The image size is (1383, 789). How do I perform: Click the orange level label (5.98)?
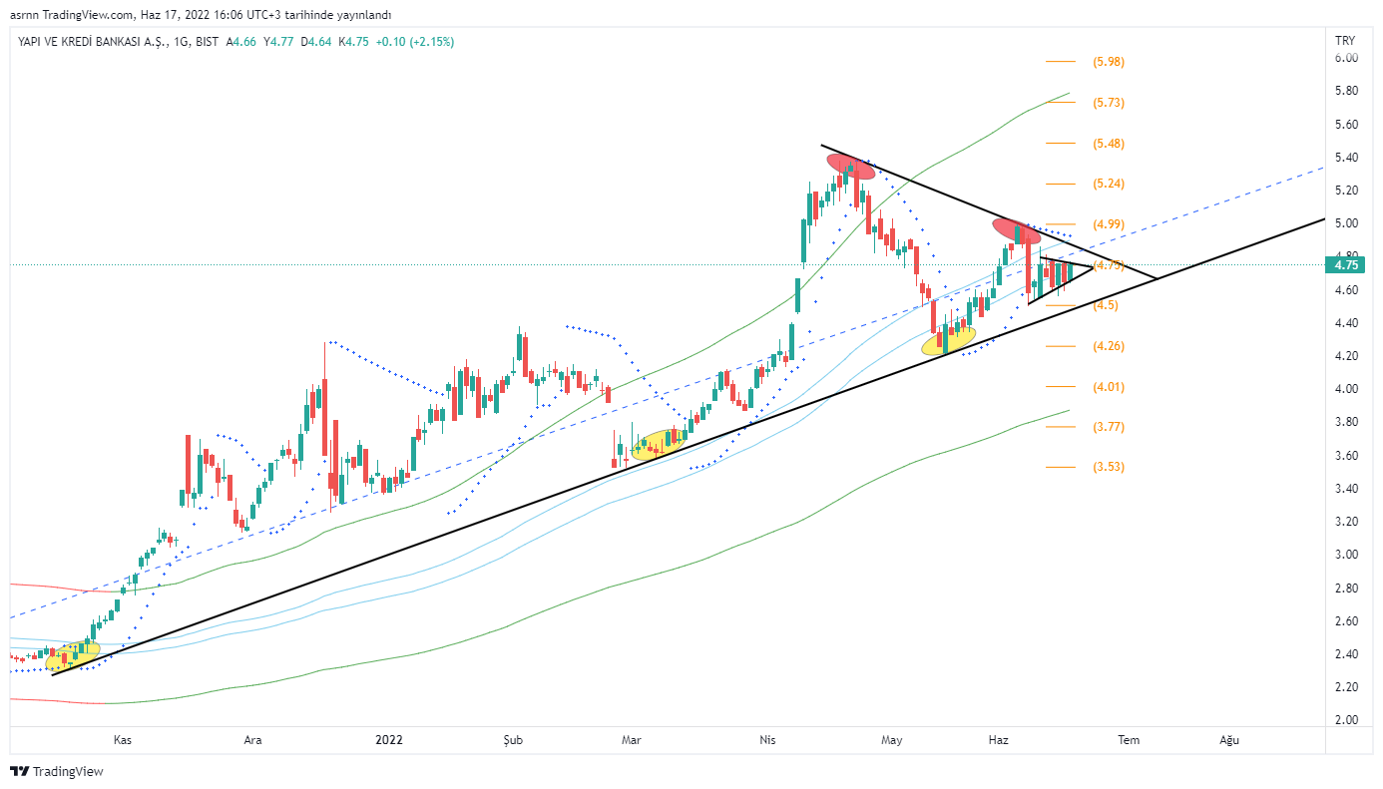[1109, 62]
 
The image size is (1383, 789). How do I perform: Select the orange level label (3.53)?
[1109, 467]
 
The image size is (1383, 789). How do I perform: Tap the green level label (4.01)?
[1109, 387]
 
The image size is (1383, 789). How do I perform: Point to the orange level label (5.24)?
[1109, 184]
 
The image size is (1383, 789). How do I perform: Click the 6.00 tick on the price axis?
[1345, 58]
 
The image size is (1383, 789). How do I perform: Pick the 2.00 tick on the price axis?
[1345, 720]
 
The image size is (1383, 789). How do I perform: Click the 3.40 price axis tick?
[1345, 489]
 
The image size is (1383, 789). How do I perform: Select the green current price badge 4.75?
[1345, 265]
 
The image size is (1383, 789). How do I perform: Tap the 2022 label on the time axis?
[389, 740]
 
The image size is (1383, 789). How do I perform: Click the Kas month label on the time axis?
[123, 740]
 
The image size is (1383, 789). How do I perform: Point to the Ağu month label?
[1230, 740]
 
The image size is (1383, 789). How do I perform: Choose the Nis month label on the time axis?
[767, 740]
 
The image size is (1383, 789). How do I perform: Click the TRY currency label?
[1345, 40]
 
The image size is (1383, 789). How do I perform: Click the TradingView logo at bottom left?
[57, 771]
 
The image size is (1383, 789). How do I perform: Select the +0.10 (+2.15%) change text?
[415, 42]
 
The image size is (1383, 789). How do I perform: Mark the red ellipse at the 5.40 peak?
[850, 167]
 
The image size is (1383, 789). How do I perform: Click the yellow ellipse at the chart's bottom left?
[73, 654]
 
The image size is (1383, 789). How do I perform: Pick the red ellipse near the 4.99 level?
[1017, 231]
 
